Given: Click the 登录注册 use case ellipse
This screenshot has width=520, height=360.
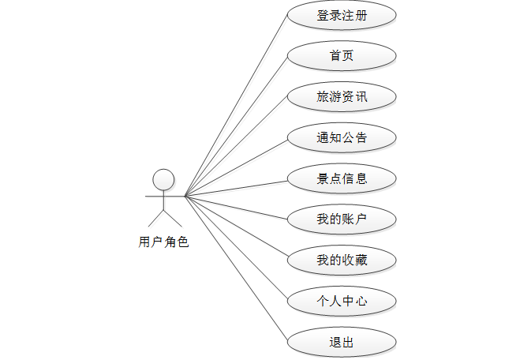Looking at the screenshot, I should click(x=341, y=16).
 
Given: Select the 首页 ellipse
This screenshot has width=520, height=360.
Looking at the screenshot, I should click(x=341, y=56).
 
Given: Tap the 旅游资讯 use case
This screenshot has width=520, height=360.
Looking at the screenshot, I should click(x=341, y=97).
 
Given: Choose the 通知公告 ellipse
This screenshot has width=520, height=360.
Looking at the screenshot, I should click(x=341, y=138).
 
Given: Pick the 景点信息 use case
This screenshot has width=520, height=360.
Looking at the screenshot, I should click(x=341, y=178).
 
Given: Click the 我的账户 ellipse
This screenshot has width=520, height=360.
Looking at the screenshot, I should click(x=341, y=219).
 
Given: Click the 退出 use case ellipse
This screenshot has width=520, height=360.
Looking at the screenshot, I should click(x=341, y=343).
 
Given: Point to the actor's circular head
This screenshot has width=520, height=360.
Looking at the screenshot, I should click(x=163, y=179).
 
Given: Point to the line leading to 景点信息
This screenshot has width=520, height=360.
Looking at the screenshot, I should click(x=236, y=188).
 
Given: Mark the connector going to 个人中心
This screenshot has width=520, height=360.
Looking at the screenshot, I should click(x=236, y=249).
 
